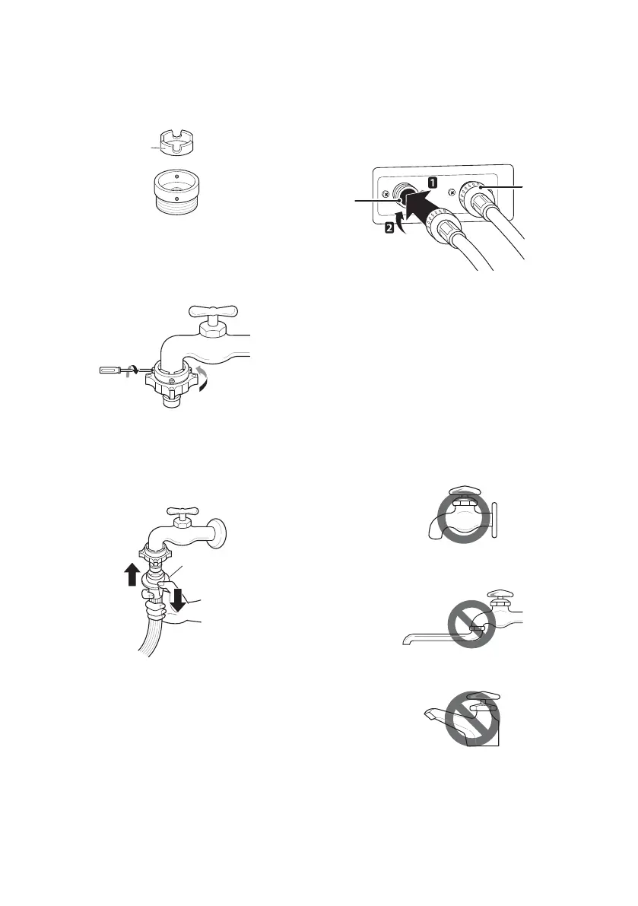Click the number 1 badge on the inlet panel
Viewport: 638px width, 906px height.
pos(431,182)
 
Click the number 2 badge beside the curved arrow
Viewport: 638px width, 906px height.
pos(390,227)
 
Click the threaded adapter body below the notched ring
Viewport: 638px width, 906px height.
pos(177,192)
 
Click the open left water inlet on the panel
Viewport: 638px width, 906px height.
pos(402,194)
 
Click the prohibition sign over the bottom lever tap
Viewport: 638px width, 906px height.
pos(472,718)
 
